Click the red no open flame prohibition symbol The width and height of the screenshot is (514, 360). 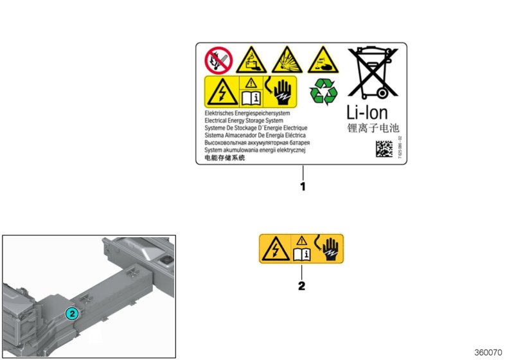pos(218,60)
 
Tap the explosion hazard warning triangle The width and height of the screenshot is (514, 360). pos(286,60)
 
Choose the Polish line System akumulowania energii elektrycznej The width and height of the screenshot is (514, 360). pos(254,150)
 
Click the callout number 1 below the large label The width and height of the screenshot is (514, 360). pos(302,187)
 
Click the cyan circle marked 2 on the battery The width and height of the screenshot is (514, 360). pos(72,314)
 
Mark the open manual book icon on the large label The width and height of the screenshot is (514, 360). pos(249,98)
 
